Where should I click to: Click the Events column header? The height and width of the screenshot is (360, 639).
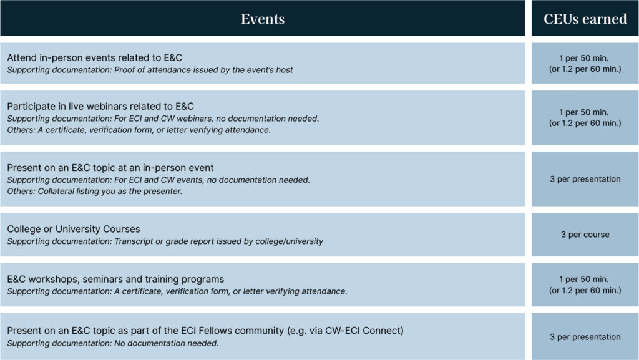263,19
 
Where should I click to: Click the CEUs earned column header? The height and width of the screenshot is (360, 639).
585,19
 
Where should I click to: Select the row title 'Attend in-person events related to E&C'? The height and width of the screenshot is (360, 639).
95,57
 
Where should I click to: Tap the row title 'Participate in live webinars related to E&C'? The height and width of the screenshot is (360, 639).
100,106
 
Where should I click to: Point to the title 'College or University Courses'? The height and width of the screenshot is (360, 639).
74,229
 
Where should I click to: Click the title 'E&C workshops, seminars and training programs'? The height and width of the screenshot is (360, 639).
115,279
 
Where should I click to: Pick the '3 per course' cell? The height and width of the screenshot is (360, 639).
585,235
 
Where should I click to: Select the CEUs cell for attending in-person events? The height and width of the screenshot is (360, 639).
585,64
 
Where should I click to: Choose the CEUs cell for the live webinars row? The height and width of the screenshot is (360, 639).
585,118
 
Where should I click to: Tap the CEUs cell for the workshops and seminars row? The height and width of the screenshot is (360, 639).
585,285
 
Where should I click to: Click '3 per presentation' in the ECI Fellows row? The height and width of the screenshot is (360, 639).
585,337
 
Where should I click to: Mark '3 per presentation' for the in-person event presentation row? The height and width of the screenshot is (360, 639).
585,179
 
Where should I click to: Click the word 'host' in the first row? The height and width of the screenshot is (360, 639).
285,70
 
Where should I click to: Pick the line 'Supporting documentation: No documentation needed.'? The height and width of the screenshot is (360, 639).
112,343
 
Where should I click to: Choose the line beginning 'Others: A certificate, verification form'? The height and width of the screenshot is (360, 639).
139,130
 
